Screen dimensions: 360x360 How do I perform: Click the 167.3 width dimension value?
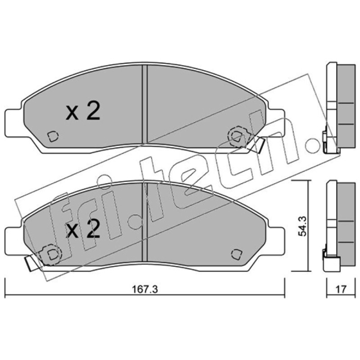pyautogui.click(x=145, y=289)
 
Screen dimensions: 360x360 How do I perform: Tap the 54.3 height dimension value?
pyautogui.click(x=302, y=226)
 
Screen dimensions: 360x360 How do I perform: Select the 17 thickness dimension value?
pyautogui.click(x=341, y=289)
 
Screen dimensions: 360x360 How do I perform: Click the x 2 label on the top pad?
pyautogui.click(x=83, y=111)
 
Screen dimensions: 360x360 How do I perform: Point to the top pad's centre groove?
pyautogui.click(x=144, y=104)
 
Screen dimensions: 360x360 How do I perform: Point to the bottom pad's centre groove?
pyautogui.click(x=144, y=222)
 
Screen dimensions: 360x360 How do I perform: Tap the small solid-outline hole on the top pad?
pyautogui.click(x=53, y=136)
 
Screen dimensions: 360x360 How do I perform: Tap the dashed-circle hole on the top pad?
pyautogui.click(x=237, y=136)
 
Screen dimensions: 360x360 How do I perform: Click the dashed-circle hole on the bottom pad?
pyautogui.click(x=50, y=254)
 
